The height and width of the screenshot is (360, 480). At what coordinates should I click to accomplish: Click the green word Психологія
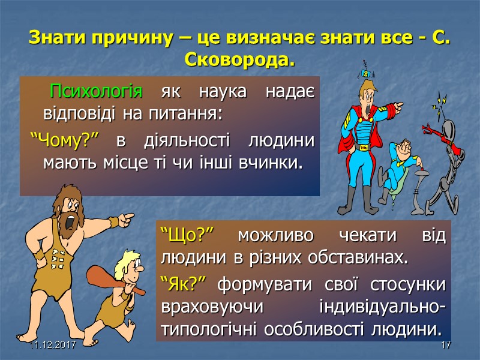coord(96,93)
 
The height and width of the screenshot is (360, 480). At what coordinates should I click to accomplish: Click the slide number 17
coord(445,346)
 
